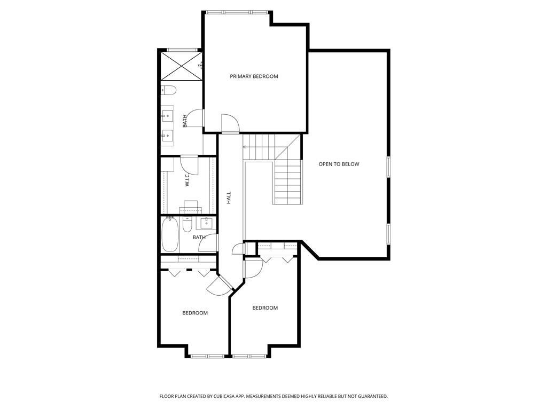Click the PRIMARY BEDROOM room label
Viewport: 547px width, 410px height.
[x=254, y=76]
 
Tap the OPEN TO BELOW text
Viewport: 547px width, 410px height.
[x=339, y=164]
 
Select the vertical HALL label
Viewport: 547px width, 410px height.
[x=229, y=199]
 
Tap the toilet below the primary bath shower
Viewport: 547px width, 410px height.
[x=168, y=90]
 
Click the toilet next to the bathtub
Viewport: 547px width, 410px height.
[x=187, y=225]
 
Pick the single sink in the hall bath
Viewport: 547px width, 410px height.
[x=206, y=223]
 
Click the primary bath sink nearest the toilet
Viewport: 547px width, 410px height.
[x=168, y=114]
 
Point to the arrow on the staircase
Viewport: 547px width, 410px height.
[x=246, y=146]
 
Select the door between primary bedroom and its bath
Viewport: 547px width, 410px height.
[x=197, y=117]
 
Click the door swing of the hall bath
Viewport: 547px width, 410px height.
[x=208, y=243]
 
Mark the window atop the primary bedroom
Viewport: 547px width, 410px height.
[x=238, y=12]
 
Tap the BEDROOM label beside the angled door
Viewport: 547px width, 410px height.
[x=195, y=313]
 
